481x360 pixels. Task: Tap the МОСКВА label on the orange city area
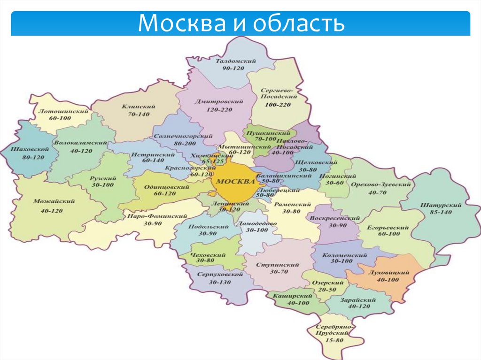[234, 182]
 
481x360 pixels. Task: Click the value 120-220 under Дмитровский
[219, 109]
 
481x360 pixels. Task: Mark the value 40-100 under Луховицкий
[387, 280]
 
